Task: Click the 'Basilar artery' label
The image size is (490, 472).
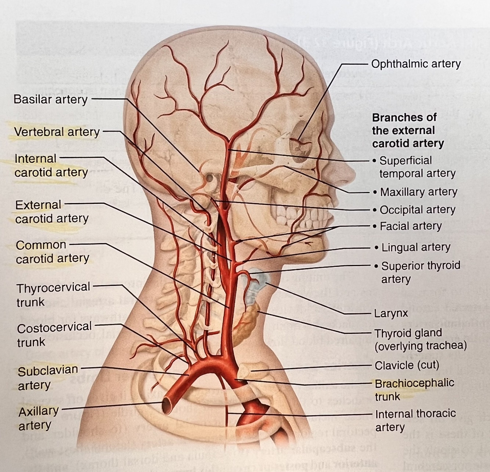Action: [x=50, y=100]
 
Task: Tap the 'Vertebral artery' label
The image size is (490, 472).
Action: [x=57, y=132]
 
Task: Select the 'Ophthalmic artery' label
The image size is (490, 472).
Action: [x=415, y=64]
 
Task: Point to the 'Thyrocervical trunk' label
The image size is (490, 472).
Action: [x=53, y=294]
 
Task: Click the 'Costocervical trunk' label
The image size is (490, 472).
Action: [x=54, y=334]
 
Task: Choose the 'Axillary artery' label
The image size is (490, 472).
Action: [x=38, y=418]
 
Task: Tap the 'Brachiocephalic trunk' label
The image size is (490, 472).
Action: [x=414, y=389]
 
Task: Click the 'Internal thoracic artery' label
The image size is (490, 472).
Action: [x=415, y=420]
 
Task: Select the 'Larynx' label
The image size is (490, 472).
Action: [x=391, y=314]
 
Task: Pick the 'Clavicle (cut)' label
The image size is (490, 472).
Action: [x=407, y=365]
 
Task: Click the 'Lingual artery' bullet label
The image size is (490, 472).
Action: [x=415, y=247]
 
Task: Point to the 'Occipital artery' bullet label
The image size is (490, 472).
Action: [x=417, y=210]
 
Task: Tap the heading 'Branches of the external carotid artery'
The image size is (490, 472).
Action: [x=408, y=130]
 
